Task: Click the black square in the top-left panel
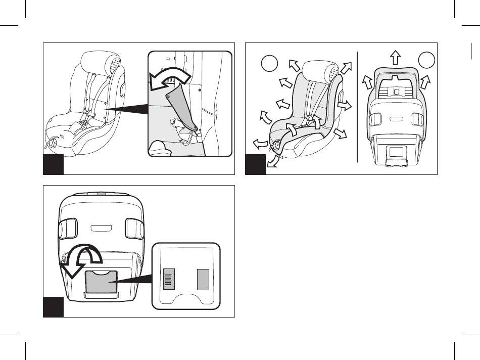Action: pyautogui.click(x=53, y=165)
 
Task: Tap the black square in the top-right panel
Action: pyautogui.click(x=255, y=165)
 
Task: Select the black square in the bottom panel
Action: pyautogui.click(x=53, y=307)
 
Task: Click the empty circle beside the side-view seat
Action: pyautogui.click(x=270, y=64)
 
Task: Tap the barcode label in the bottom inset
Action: pyautogui.click(x=169, y=279)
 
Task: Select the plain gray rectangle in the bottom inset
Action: pyautogui.click(x=203, y=279)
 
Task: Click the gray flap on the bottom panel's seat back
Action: pyautogui.click(x=101, y=282)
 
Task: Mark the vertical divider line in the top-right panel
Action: pyautogui.click(x=357, y=106)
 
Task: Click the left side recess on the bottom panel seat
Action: pyautogui.click(x=67, y=228)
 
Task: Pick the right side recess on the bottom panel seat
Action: pyautogui.click(x=134, y=228)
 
